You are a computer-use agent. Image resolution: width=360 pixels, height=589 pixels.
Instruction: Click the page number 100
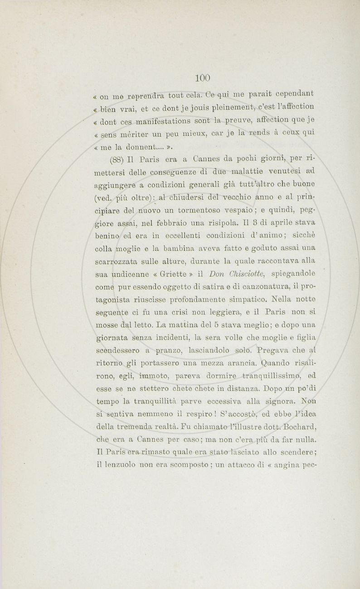[x=203, y=77]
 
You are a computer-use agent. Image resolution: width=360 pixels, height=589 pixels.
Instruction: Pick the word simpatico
[x=248, y=299]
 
